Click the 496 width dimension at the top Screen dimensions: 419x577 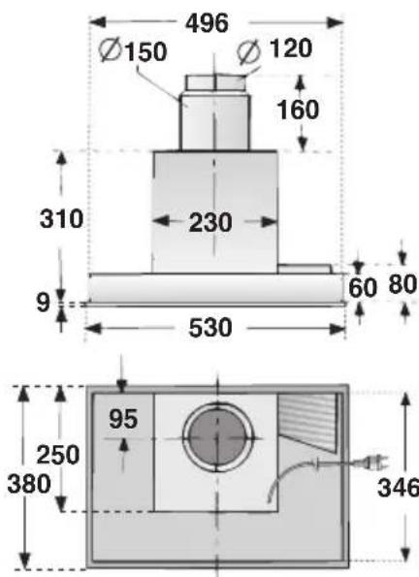pyautogui.click(x=207, y=23)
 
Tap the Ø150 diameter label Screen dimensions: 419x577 pyautogui.click(x=133, y=50)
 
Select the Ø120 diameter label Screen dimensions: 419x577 pyautogui.click(x=275, y=48)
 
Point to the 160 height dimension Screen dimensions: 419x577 pyautogui.click(x=298, y=110)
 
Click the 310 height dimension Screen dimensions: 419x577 pyautogui.click(x=61, y=218)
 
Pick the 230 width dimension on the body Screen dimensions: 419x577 pyautogui.click(x=210, y=222)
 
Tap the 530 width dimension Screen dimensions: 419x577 pyautogui.click(x=210, y=328)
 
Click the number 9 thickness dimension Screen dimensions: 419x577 pyautogui.click(x=43, y=303)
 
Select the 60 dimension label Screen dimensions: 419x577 pyautogui.click(x=363, y=288)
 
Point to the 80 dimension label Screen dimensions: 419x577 pyautogui.click(x=403, y=284)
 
